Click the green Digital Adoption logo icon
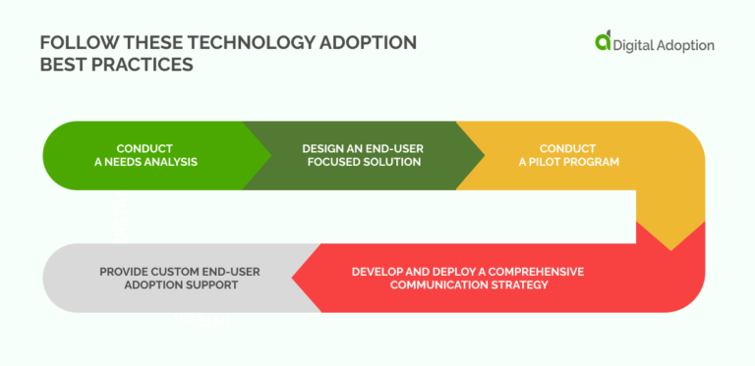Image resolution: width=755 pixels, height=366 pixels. (603, 41)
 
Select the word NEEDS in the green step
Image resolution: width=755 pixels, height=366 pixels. (123, 162)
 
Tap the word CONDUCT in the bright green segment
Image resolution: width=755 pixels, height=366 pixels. (145, 148)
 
